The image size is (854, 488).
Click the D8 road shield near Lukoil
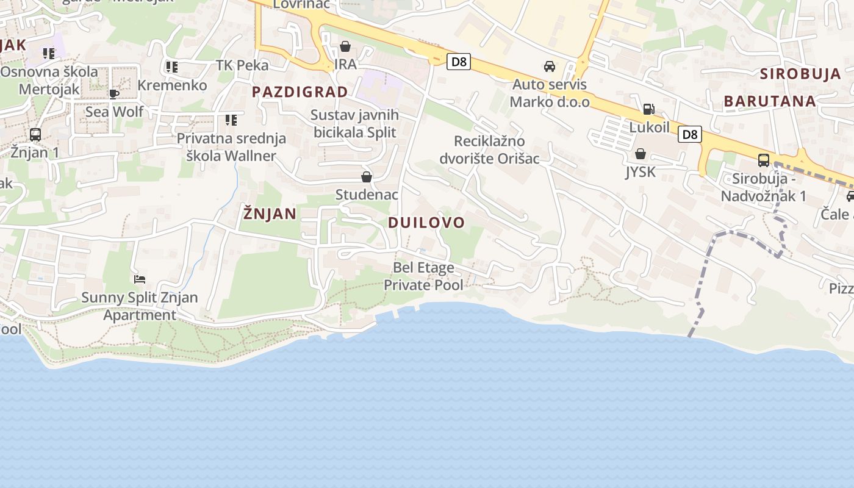tap(691, 134)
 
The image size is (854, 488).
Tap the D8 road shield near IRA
tap(458, 62)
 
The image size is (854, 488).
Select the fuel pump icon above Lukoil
tap(648, 109)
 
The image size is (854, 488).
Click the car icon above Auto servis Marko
tap(550, 66)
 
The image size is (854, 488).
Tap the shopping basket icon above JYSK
tap(640, 154)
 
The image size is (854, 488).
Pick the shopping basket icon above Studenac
tap(367, 177)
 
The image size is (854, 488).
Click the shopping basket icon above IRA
tap(345, 46)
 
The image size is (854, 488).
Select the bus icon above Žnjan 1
tap(35, 134)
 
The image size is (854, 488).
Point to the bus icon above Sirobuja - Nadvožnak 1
tap(763, 160)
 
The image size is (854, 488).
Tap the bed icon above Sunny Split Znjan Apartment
tap(140, 279)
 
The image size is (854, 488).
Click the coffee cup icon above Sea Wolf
tap(114, 93)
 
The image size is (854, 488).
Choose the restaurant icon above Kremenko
tap(172, 66)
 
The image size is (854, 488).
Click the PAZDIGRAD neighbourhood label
tap(300, 92)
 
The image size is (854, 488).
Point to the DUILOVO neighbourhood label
tap(426, 223)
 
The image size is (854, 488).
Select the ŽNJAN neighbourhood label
tap(270, 213)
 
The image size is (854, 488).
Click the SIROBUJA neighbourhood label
tap(800, 74)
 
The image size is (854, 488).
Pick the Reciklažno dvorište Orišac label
tap(490, 150)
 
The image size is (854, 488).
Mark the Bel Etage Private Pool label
tap(423, 276)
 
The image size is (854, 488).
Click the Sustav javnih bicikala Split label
tap(354, 124)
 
